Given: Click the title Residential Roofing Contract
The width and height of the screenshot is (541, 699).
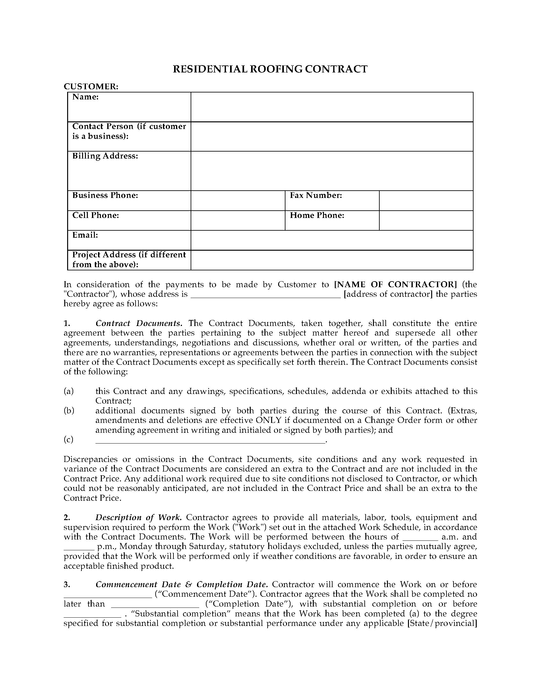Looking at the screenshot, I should tap(270, 69).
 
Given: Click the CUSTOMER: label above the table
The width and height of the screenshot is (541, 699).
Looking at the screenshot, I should tap(91, 86).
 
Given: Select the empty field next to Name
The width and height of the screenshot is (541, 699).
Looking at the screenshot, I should tap(332, 107).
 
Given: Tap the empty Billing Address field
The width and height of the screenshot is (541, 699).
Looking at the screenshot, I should tap(332, 171).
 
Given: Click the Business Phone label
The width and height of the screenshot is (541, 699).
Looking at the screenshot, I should tap(105, 195).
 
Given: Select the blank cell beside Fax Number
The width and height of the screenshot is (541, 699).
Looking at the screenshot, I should tap(426, 201).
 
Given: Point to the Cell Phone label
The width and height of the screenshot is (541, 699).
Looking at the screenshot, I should tap(95, 215).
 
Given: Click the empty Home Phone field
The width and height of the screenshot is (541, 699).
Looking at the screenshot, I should tap(426, 221).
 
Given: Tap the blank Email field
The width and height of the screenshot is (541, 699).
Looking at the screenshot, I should tap(332, 240).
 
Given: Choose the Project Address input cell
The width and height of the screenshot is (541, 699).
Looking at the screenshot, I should tap(332, 260).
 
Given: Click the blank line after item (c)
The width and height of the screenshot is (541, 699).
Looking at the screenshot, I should tap(210, 440).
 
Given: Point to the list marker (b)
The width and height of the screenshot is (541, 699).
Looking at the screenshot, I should tap(69, 411).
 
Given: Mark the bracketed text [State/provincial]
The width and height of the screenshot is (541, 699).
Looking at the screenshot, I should tap(442, 623).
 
